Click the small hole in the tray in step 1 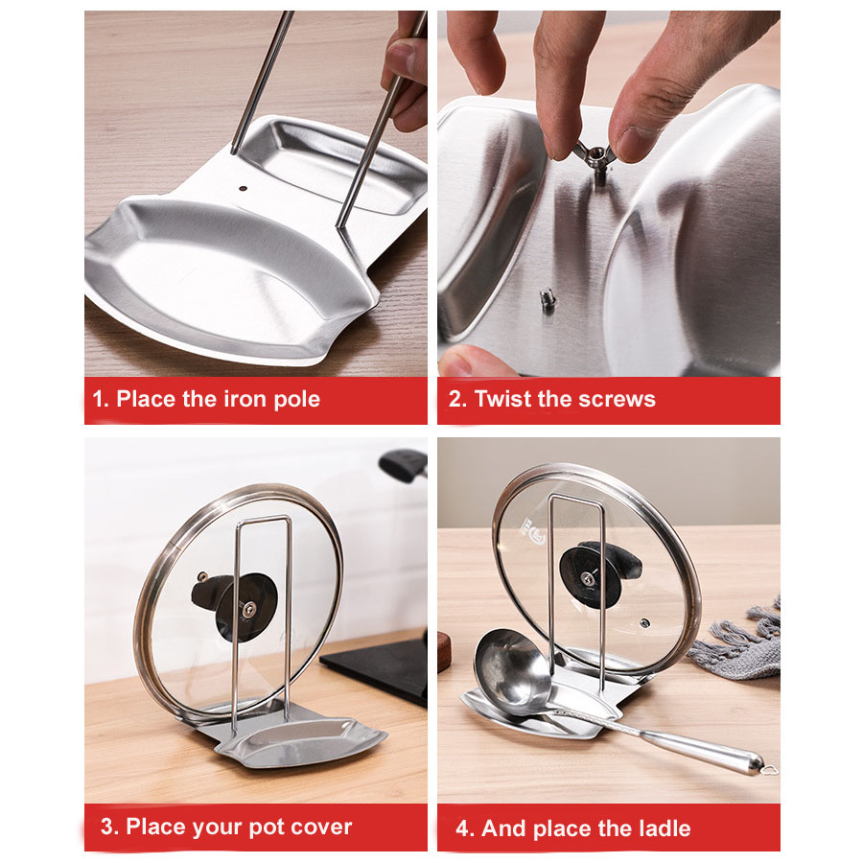243,189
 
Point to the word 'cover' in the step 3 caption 321,827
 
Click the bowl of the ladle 512,665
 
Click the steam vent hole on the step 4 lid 644,623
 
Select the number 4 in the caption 461,828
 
